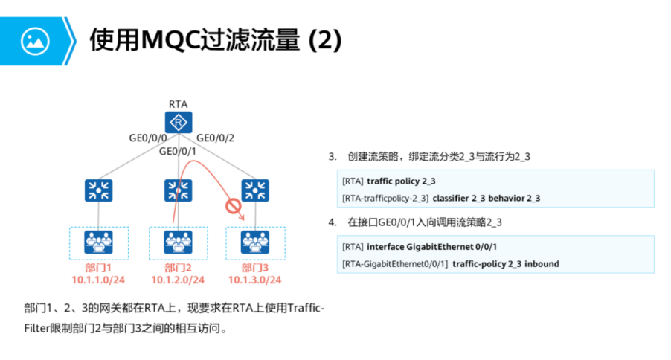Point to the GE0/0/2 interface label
coord(215,138)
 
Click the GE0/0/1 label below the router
coord(177,152)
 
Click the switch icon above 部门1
coord(98,190)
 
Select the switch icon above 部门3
coord(254,190)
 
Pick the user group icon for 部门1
coord(98,242)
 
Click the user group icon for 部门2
coord(178,242)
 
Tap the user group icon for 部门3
coord(254,242)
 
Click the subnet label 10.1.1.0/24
coord(98,280)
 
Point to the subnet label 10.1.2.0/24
coord(178,280)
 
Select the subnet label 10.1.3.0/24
coord(254,280)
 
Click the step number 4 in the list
coord(332,222)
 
